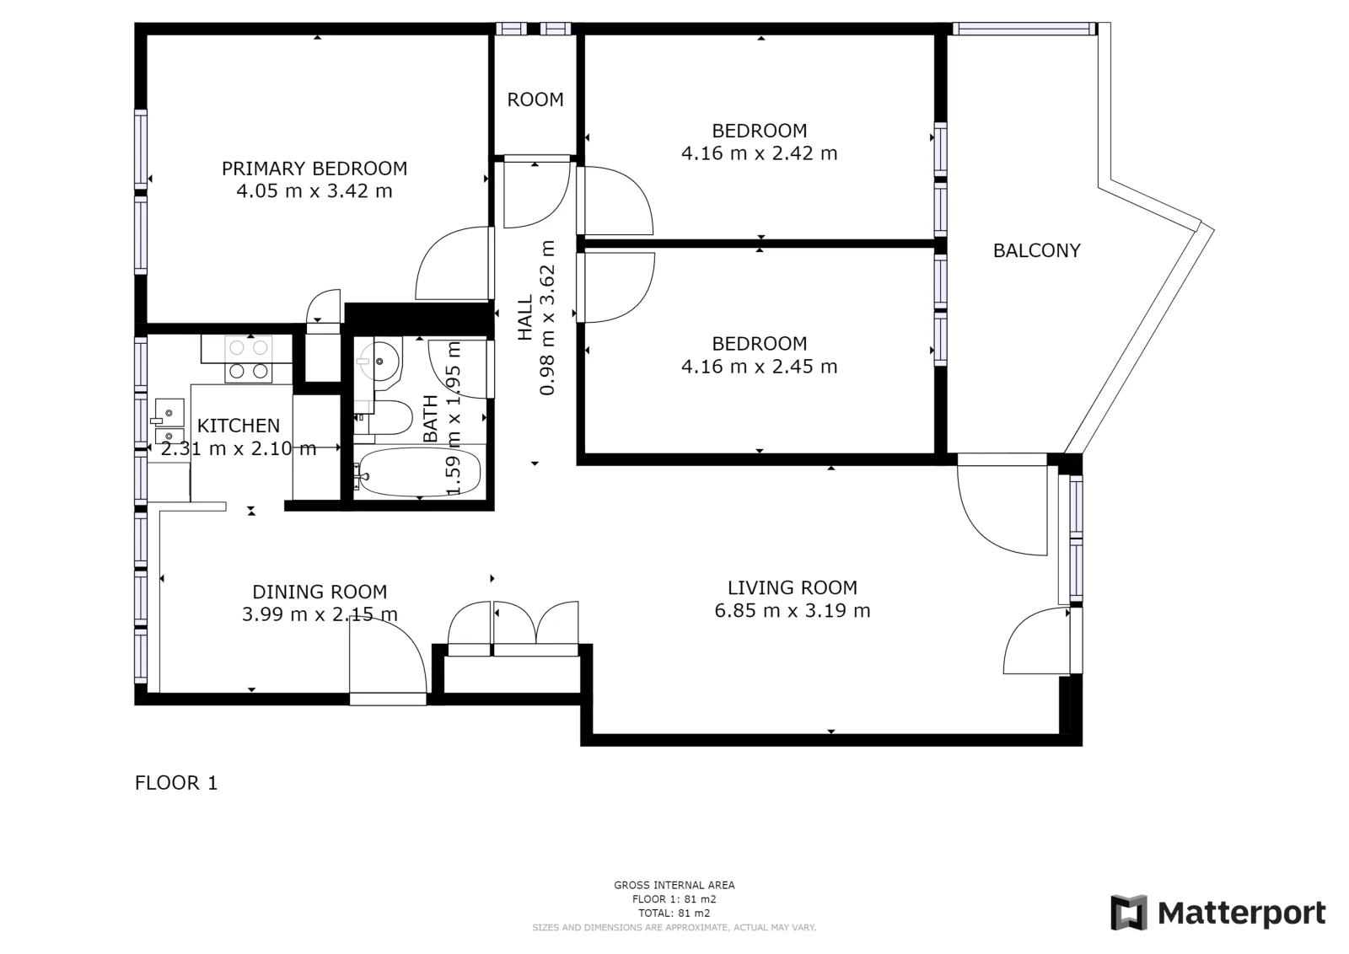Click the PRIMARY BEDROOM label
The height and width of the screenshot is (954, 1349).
pyautogui.click(x=314, y=169)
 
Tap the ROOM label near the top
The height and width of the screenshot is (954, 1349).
pyautogui.click(x=535, y=99)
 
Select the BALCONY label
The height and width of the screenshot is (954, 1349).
pyautogui.click(x=1036, y=250)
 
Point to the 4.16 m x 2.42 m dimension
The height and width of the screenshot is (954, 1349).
pyautogui.click(x=760, y=153)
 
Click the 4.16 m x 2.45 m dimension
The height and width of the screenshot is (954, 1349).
pyautogui.click(x=760, y=367)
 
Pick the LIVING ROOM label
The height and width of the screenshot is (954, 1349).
pyautogui.click(x=793, y=587)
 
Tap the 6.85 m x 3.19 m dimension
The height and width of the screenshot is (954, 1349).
pyautogui.click(x=793, y=610)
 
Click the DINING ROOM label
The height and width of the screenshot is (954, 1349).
pyautogui.click(x=320, y=592)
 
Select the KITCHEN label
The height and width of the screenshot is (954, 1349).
pyautogui.click(x=239, y=426)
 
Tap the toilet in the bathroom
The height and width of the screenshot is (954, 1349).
pyautogui.click(x=384, y=417)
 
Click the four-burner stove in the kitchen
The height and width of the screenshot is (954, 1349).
pyautogui.click(x=248, y=359)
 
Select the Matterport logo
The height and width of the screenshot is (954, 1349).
pyautogui.click(x=1217, y=913)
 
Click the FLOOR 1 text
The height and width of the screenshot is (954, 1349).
pyautogui.click(x=176, y=782)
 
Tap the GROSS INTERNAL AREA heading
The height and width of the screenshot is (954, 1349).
pyautogui.click(x=674, y=885)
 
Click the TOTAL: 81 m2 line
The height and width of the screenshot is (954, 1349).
pyautogui.click(x=674, y=913)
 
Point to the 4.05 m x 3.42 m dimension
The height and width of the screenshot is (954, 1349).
pyautogui.click(x=314, y=191)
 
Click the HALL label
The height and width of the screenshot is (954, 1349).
pyautogui.click(x=525, y=317)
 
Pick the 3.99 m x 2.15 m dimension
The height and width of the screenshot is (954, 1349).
pyautogui.click(x=320, y=614)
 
